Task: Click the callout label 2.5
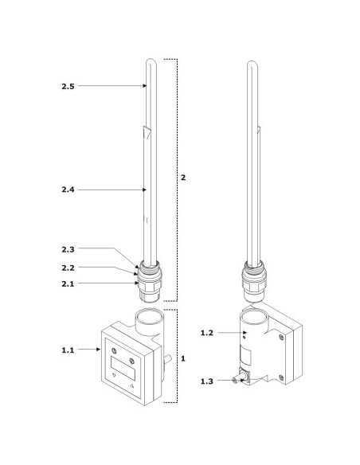[x=68, y=86]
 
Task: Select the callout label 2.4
[x=68, y=190]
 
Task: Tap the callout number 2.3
[x=68, y=250]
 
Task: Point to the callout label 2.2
[x=68, y=268]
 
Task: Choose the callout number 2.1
[x=68, y=284]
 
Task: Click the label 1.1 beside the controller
[x=68, y=350]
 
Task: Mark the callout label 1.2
[x=207, y=333]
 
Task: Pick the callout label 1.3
[x=207, y=381]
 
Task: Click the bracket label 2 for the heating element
[x=183, y=178]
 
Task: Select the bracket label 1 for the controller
[x=183, y=358]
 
